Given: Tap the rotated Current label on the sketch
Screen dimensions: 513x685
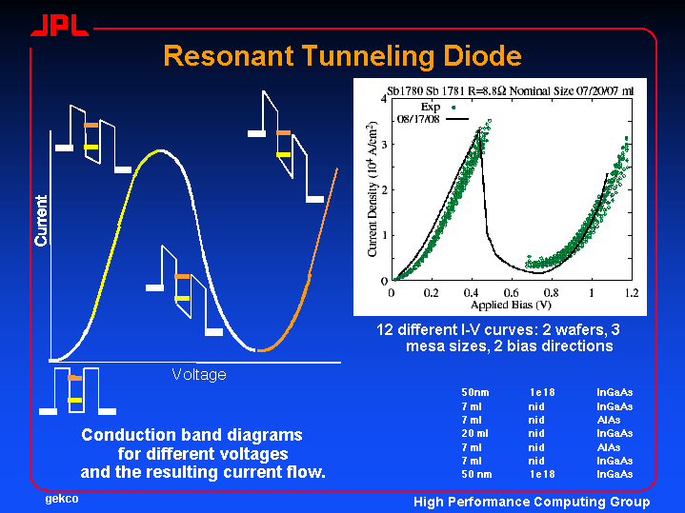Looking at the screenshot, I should (41, 221).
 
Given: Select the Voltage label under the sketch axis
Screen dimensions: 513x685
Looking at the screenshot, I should (199, 374).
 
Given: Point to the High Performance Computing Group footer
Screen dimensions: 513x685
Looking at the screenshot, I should (532, 502).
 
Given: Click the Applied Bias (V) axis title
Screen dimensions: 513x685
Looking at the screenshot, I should (511, 306).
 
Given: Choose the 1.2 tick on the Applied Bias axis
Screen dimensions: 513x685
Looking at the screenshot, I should (630, 292).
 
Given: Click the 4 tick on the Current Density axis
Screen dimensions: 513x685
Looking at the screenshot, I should (383, 99).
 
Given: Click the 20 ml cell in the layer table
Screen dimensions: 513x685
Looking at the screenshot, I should (475, 433).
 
